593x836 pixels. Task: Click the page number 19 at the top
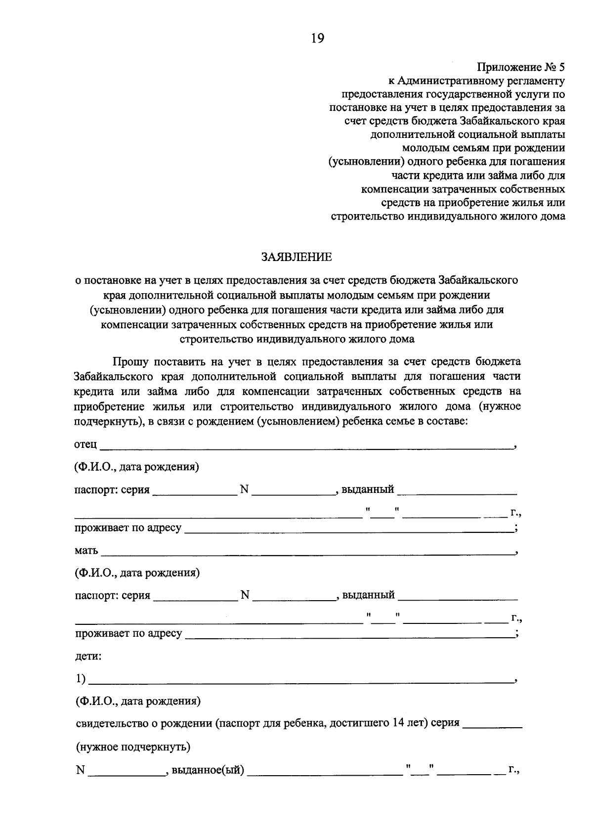tap(317, 38)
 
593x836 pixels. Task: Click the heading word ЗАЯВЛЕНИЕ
tap(296, 257)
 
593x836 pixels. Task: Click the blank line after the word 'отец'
tap(306, 447)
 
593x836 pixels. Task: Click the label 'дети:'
tap(88, 657)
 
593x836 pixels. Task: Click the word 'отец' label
tap(85, 444)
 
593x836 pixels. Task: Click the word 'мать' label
tap(86, 550)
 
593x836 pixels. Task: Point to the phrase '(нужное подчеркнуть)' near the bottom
tap(133, 747)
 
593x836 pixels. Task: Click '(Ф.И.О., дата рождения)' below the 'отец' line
tap(137, 467)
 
